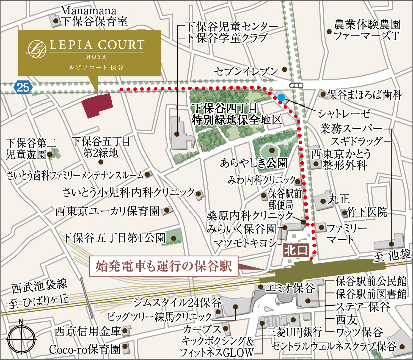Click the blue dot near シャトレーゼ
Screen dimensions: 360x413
pyautogui.click(x=281, y=97)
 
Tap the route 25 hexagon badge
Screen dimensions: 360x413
pyautogui.click(x=23, y=87)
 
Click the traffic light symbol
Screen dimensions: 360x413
pyautogui.click(x=296, y=85)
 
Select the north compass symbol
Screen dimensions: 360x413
pyautogui.click(x=21, y=338)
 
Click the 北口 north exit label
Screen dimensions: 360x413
pyautogui.click(x=296, y=250)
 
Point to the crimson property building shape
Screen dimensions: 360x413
pyautogui.click(x=97, y=106)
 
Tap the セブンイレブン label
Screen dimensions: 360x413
pyautogui.click(x=246, y=71)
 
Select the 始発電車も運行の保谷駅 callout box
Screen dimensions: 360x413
pyautogui.click(x=164, y=266)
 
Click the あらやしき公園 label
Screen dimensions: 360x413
pyautogui.click(x=254, y=163)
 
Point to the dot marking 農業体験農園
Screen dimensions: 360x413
pyautogui.click(x=329, y=32)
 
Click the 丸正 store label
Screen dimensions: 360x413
pyautogui.click(x=339, y=199)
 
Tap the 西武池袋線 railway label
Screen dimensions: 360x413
pyautogui.click(x=39, y=286)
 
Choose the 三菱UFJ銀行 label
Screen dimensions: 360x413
pyautogui.click(x=294, y=332)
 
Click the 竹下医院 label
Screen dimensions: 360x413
pyautogui.click(x=367, y=212)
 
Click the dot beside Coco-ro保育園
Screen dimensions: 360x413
pyautogui.click(x=125, y=346)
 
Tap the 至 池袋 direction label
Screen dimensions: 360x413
pyautogui.click(x=392, y=255)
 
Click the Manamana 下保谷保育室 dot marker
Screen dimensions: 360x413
pyautogui.click(x=56, y=21)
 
